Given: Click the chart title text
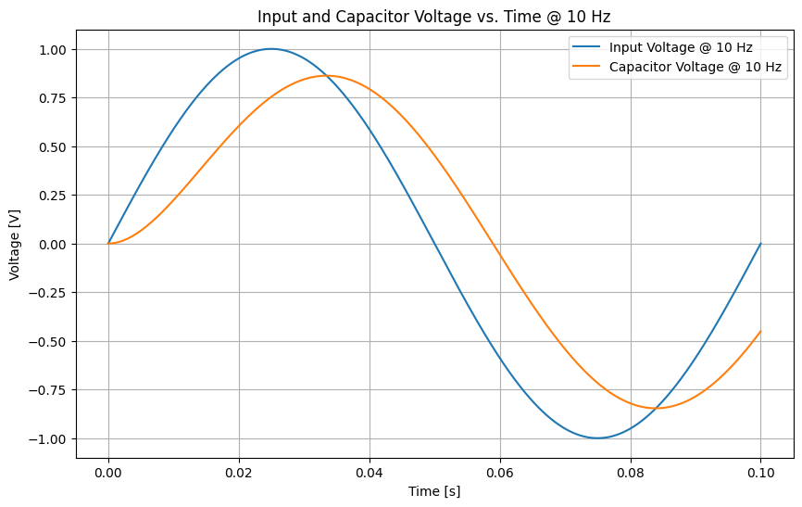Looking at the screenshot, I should (433, 17).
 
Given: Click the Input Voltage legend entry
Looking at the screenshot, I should (681, 47).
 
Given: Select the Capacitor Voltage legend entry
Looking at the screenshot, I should (695, 68).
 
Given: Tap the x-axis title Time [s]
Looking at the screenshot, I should (434, 491).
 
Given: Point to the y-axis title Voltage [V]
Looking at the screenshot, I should (15, 244).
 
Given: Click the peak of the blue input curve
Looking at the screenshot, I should (271, 49).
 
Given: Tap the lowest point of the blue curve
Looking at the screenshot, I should (597, 438).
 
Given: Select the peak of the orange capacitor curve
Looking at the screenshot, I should (326, 76).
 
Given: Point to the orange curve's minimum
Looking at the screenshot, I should (658, 408).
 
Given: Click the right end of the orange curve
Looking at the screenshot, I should (760, 332).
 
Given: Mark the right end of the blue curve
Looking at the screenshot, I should (760, 244).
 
